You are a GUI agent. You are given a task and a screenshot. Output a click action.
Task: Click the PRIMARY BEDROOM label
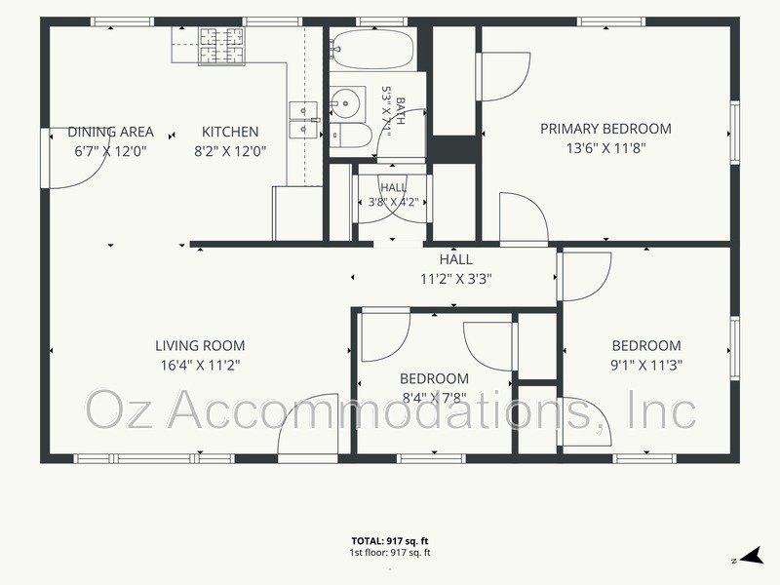605,129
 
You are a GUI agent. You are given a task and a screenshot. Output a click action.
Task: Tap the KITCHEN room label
230,132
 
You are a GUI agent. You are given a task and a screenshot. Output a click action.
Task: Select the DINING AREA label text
110,132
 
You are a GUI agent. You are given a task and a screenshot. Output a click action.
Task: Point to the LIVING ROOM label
200,346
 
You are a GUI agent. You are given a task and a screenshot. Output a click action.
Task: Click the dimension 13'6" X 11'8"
605,148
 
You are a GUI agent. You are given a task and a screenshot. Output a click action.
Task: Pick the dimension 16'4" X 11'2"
200,366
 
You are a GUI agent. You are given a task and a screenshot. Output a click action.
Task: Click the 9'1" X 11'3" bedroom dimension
646,366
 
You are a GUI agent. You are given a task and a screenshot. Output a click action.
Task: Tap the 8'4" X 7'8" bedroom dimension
434,398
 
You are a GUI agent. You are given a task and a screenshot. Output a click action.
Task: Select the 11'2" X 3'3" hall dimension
456,279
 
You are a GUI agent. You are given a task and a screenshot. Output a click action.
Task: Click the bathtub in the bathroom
373,49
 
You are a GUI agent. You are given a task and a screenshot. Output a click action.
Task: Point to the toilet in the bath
351,135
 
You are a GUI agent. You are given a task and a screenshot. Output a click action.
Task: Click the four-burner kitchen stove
222,46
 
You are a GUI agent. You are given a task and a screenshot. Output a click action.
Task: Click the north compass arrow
752,556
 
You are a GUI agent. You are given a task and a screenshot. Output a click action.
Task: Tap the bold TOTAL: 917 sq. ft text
390,541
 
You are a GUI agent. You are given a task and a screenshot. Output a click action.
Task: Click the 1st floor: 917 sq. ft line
390,553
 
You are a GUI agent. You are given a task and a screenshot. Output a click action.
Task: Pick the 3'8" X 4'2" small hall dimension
393,203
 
